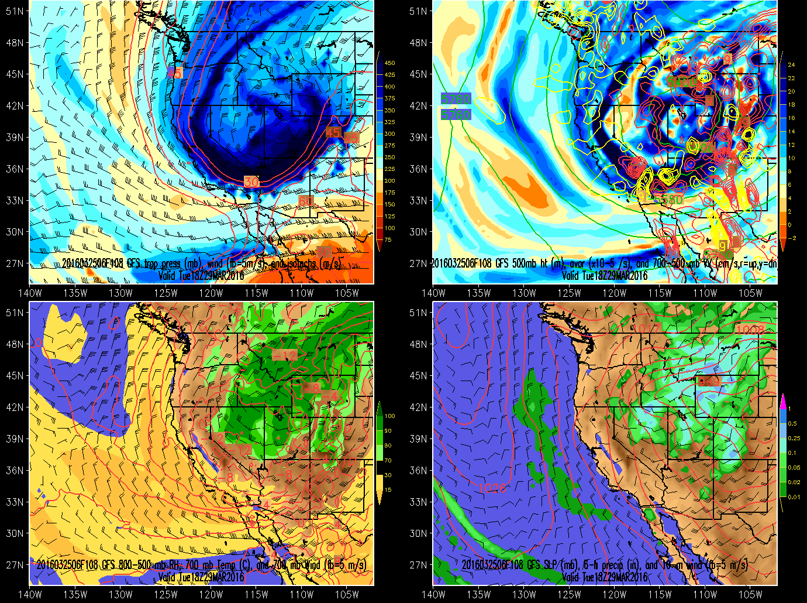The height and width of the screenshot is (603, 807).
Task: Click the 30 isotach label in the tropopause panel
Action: pyautogui.click(x=251, y=181)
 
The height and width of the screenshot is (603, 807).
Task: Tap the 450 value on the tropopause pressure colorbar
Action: pyautogui.click(x=389, y=63)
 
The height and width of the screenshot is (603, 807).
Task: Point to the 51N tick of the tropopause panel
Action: pyautogui.click(x=15, y=11)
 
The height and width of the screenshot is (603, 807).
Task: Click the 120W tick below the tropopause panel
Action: pyautogui.click(x=211, y=293)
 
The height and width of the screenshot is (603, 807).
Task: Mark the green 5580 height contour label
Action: pyautogui.click(x=668, y=200)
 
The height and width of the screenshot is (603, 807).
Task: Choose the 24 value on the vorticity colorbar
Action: pyautogui.click(x=791, y=64)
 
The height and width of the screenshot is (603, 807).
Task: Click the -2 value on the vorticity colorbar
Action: pyautogui.click(x=792, y=238)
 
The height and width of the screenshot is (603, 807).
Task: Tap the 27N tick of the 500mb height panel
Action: pyautogui.click(x=418, y=263)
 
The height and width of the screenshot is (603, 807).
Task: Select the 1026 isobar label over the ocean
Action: pyautogui.click(x=492, y=488)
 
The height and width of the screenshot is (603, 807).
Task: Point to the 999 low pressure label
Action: pyautogui.click(x=708, y=381)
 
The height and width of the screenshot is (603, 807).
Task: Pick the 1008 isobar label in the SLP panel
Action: pyautogui.click(x=749, y=330)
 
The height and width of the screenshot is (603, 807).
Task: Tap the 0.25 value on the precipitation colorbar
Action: pyautogui.click(x=793, y=438)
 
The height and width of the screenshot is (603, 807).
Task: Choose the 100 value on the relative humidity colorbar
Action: pyautogui.click(x=389, y=416)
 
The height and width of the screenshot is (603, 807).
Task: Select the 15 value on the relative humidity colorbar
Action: pyautogui.click(x=388, y=489)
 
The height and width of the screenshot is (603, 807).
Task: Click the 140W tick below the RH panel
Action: pyautogui.click(x=30, y=595)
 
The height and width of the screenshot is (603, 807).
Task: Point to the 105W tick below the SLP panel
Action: pyautogui.click(x=750, y=595)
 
